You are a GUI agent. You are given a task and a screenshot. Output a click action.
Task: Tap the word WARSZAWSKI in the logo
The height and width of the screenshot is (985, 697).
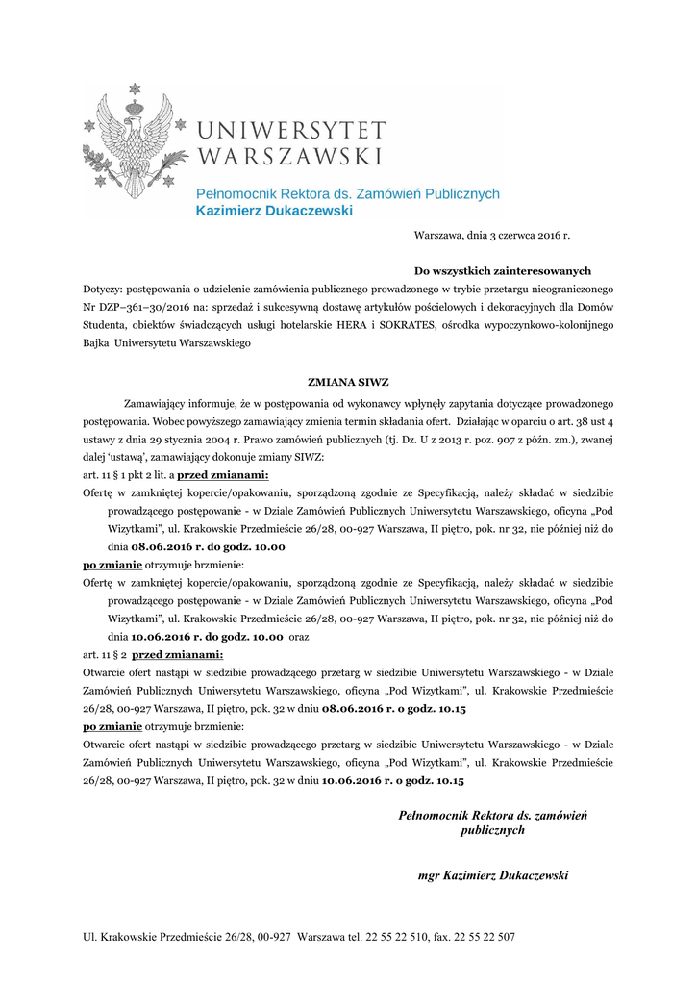coord(288,155)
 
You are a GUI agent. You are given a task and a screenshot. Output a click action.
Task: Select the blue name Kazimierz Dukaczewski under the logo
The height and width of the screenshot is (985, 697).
coord(274,210)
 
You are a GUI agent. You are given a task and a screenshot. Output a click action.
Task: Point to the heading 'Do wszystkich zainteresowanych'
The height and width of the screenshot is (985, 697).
coord(502,271)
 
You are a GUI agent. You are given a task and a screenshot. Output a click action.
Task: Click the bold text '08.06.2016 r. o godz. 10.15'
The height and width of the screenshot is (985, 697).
coord(394,709)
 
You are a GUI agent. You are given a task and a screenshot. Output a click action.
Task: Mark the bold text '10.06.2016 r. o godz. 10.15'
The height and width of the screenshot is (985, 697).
coord(393,781)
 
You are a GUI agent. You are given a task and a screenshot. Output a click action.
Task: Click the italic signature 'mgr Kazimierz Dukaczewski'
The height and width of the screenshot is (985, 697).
coord(493,875)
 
